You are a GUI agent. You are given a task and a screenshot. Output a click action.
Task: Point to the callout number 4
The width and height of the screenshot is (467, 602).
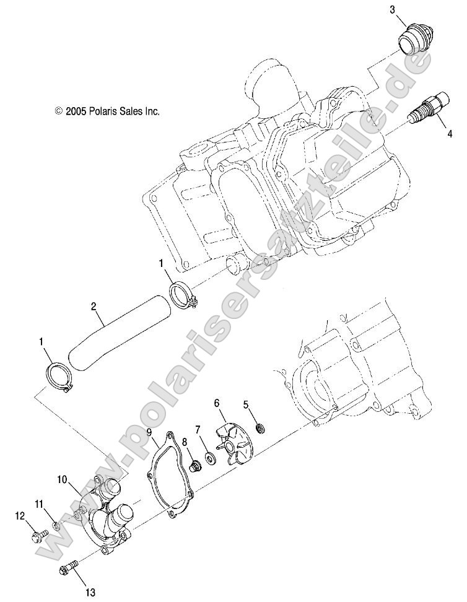click(448, 132)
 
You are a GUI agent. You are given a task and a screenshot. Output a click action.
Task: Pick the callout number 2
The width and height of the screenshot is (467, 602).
click(93, 306)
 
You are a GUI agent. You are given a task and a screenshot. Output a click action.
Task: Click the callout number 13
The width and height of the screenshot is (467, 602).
click(90, 593)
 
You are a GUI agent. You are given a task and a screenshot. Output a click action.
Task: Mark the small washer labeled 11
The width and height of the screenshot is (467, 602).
click(56, 526)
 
